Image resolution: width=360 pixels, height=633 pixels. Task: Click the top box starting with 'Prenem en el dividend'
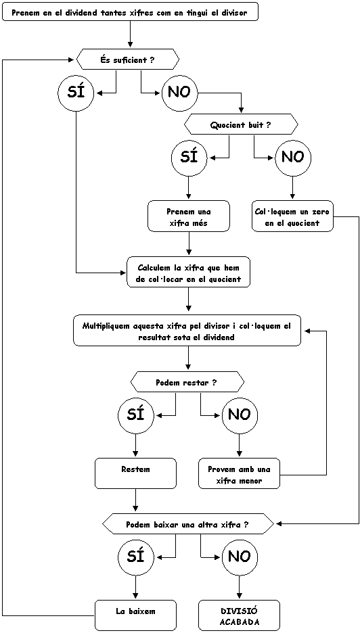[130, 12]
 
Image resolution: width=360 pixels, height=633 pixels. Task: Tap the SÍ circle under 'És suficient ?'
[76, 93]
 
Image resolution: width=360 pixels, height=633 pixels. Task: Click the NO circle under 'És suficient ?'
[180, 93]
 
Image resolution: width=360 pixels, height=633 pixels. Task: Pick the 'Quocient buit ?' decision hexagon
[241, 124]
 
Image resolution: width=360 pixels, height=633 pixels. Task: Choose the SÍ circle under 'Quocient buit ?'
[189, 158]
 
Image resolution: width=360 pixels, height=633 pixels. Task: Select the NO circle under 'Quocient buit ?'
[293, 158]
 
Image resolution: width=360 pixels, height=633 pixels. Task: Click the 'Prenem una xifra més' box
[189, 217]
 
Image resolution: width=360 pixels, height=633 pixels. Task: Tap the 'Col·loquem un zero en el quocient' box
[293, 217]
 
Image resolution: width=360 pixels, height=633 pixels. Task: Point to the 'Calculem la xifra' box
[189, 273]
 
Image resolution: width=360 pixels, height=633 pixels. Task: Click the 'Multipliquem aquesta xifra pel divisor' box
[187, 331]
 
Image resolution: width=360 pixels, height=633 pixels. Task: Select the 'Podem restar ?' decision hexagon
[188, 383]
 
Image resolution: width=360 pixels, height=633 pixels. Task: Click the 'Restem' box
[136, 473]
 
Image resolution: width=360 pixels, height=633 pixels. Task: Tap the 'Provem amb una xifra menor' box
[240, 473]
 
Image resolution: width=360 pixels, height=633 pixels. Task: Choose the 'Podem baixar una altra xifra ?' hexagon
[187, 523]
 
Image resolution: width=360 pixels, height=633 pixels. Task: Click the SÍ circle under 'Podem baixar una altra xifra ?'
[136, 557]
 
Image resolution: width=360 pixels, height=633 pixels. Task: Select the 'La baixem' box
[136, 615]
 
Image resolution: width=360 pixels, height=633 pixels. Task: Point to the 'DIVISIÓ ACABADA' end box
[240, 615]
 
